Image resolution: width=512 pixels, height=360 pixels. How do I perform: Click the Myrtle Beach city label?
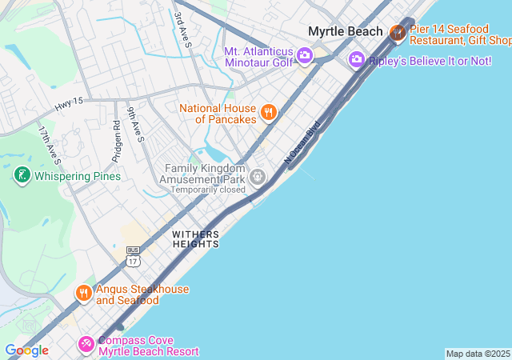[x=346, y=31]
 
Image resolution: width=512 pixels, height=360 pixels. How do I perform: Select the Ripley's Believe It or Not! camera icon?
[x=357, y=60]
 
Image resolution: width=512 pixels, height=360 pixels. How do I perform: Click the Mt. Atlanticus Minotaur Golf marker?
[x=304, y=55]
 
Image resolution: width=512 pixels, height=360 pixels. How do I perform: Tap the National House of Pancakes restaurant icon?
[x=268, y=113]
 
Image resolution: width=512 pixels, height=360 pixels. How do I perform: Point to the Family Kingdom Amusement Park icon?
[x=257, y=176]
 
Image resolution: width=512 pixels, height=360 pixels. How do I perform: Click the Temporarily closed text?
[x=208, y=190]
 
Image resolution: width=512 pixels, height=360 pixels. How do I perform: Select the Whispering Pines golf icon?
[x=21, y=175]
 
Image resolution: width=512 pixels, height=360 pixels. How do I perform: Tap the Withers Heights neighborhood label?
[x=195, y=238]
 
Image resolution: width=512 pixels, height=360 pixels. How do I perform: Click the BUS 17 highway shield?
[x=133, y=256]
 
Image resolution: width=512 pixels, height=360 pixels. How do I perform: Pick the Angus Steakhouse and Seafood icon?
[x=84, y=294]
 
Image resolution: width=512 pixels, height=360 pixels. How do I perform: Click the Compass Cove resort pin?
[x=86, y=345]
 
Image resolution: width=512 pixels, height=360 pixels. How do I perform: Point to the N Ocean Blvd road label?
[x=302, y=142]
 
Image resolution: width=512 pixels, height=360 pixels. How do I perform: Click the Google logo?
[x=26, y=350]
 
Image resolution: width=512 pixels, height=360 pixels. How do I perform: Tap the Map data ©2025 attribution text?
[x=478, y=354]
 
